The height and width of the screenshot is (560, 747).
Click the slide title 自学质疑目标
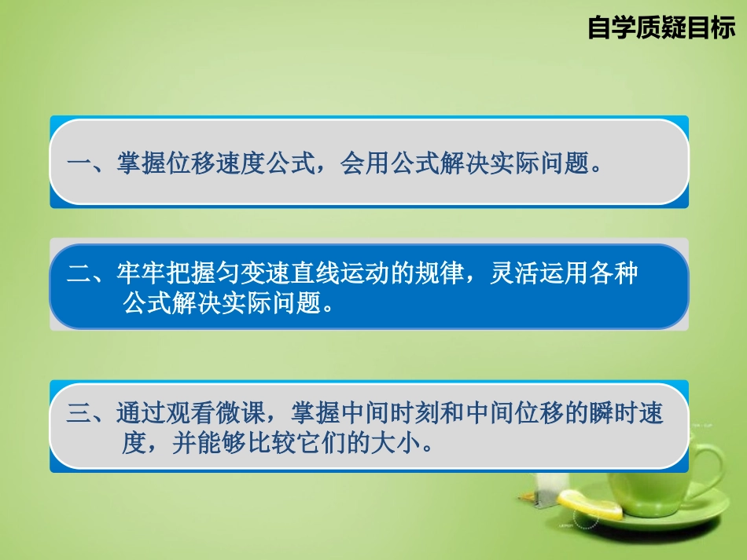click(x=661, y=28)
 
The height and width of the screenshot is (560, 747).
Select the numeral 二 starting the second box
click(x=79, y=276)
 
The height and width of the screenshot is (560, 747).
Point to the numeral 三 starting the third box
click(x=79, y=415)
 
